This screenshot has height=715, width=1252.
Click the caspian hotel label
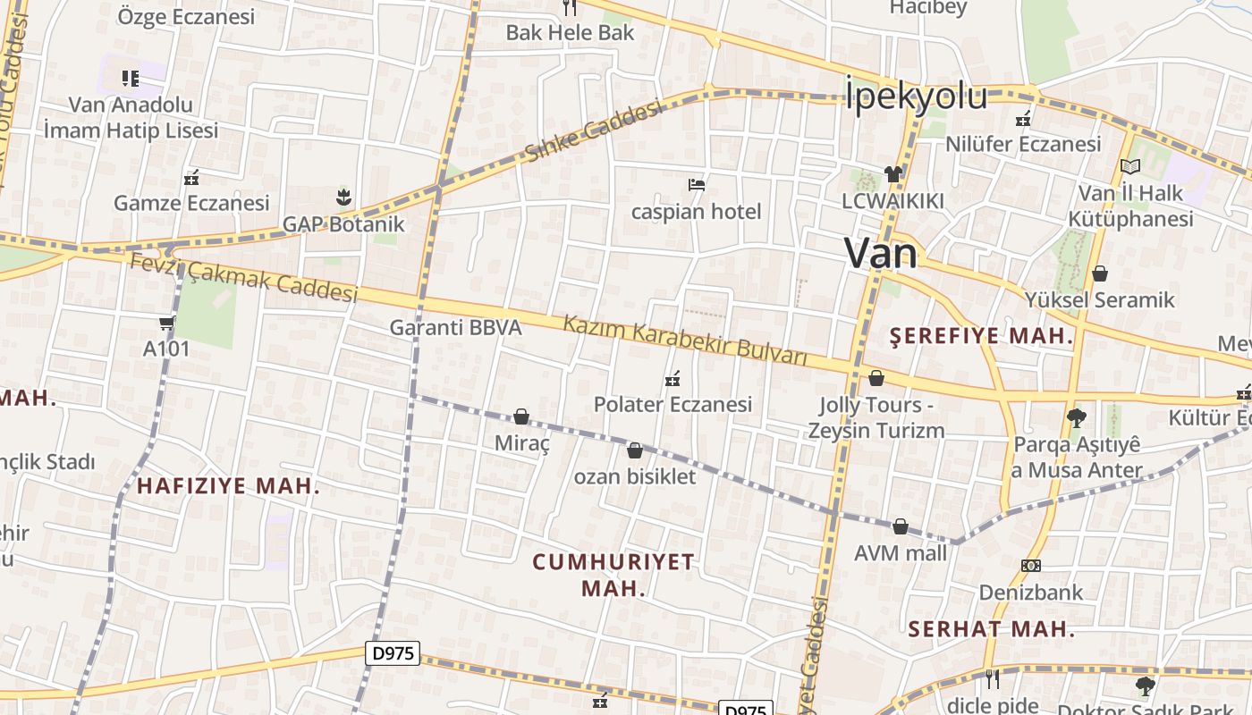coord(696,212)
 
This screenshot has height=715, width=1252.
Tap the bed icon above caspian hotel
coord(697,185)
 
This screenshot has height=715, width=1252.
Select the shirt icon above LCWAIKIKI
coord(892,173)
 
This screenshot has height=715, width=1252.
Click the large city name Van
coord(880,253)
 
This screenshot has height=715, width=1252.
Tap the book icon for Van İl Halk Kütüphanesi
coord(1130,166)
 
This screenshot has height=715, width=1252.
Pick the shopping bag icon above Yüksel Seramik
coord(1100,273)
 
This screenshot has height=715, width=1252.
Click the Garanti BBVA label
coord(455,327)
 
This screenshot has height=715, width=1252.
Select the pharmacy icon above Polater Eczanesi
coord(673,379)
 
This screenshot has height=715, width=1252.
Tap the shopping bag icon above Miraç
coord(521,416)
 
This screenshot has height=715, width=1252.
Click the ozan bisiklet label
coord(635,476)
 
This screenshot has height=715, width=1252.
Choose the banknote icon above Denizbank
coord(1030,566)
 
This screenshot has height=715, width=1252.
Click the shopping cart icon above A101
coord(166,323)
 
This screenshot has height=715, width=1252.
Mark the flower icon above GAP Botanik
coord(343,197)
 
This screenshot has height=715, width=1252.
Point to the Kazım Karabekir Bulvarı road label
coord(685,341)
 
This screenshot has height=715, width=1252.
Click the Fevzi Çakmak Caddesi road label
coord(243,277)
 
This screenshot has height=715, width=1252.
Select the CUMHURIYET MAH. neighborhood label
coord(613,575)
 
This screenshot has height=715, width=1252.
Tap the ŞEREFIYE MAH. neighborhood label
coord(982,336)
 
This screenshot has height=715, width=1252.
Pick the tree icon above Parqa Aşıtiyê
coord(1077,417)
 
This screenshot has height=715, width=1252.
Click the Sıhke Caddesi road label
coord(594,131)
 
